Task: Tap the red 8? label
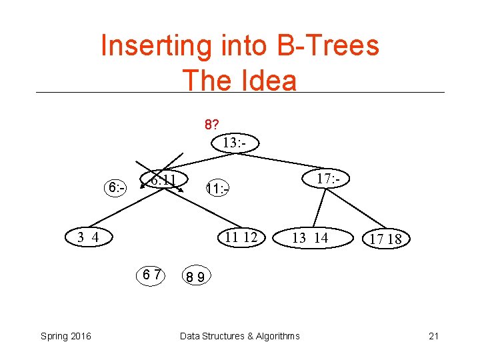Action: [x=213, y=125]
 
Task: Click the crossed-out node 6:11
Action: [x=163, y=181]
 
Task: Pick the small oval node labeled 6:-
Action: [x=117, y=189]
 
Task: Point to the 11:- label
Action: [x=217, y=189]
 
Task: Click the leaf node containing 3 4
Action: [x=87, y=237]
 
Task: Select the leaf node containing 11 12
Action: [x=241, y=237]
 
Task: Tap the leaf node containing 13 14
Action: [x=311, y=237]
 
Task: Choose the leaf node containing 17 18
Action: [x=386, y=239]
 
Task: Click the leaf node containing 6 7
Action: [x=151, y=274]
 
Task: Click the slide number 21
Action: [x=434, y=336]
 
